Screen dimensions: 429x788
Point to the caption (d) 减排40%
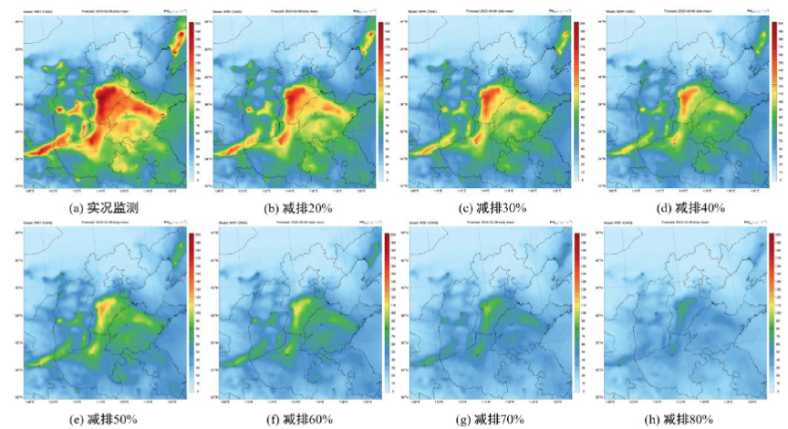[690, 207]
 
